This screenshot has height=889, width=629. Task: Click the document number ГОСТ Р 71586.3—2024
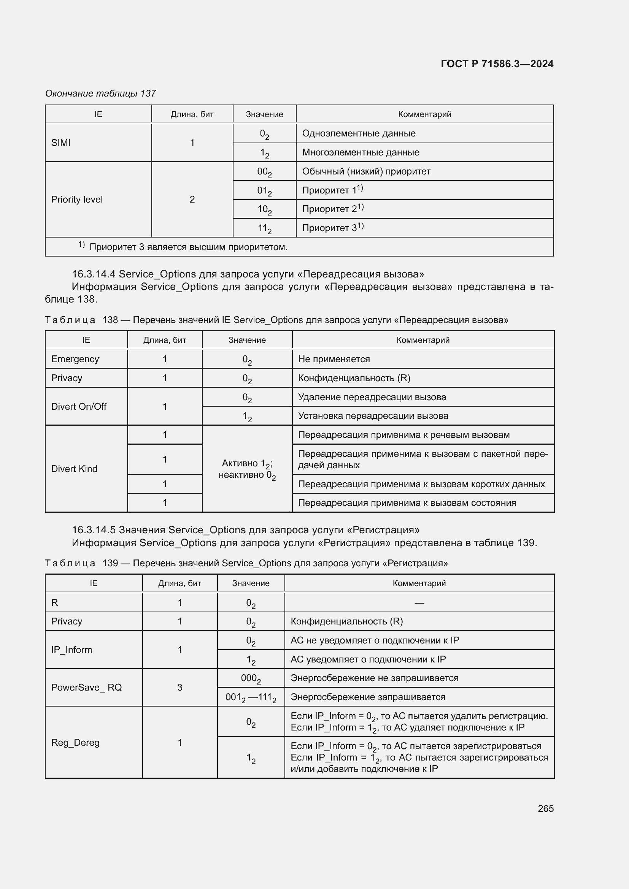point(497,64)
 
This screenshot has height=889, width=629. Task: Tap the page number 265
point(545,808)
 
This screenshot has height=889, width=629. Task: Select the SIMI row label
point(61,143)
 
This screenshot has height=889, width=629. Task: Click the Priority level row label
point(77,200)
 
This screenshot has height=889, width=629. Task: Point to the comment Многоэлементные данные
point(360,152)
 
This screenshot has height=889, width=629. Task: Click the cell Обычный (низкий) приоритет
point(366,171)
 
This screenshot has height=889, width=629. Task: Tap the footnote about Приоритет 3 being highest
point(188,247)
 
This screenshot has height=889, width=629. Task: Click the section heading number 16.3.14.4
point(93,274)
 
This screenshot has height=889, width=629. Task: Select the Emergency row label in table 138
point(75,359)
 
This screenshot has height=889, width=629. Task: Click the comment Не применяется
point(334,359)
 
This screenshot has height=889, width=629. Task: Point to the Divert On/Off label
point(79,407)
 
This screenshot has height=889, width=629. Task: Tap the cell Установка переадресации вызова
point(373,416)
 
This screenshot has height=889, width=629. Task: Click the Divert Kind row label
point(74,469)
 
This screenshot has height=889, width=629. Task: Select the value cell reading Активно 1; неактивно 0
point(247,469)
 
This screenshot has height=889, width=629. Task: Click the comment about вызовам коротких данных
point(421,484)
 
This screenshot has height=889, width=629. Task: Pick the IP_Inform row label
point(71,650)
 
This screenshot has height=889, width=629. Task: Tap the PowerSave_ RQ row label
point(86,687)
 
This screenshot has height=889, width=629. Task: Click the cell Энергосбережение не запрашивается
point(374,678)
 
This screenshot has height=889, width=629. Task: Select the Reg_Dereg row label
point(75,743)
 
